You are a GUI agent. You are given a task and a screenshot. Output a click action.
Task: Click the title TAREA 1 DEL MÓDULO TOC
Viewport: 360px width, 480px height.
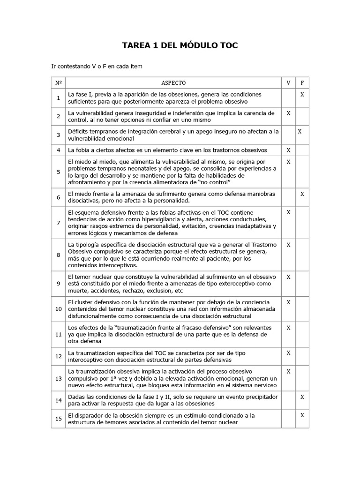coord(180,45)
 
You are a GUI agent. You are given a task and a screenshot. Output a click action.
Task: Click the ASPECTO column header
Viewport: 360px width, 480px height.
coord(173,83)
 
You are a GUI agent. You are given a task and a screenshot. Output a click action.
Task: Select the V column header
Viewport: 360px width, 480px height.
coord(288,83)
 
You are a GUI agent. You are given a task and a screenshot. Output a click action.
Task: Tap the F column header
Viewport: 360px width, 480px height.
coord(302,83)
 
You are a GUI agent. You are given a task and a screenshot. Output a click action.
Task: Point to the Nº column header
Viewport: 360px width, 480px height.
coord(58,83)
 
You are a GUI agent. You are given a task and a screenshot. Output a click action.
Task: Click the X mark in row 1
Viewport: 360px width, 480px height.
coord(302,95)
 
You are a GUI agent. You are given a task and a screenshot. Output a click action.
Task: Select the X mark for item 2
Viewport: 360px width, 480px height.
coord(288,113)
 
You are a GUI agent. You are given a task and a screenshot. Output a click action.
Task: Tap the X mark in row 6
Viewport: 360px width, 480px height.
coord(302,194)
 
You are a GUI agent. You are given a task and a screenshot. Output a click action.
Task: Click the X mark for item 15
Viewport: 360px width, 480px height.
coord(302,415)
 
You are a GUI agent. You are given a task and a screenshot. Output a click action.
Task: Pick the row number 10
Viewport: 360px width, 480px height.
coord(58,309)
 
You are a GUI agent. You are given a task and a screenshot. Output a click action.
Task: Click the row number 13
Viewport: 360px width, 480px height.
coord(58,378)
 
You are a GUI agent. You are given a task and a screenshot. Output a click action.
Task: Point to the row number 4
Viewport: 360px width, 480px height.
coord(58,150)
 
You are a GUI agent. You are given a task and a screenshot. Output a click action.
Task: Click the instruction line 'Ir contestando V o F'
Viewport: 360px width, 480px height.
coord(97,67)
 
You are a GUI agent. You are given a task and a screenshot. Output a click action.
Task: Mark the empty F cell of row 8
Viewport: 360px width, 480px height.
coord(302,255)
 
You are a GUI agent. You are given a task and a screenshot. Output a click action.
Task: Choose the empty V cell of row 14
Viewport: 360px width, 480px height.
coord(288,400)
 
